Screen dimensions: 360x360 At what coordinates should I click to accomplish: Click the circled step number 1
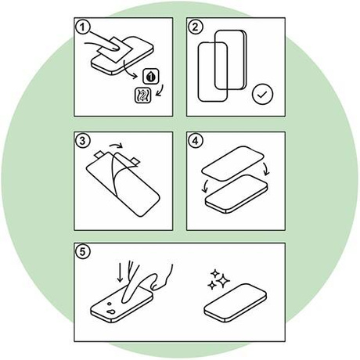click(x=83, y=27)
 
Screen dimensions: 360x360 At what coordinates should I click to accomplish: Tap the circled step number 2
click(x=196, y=27)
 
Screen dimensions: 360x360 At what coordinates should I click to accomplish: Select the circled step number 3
click(x=83, y=141)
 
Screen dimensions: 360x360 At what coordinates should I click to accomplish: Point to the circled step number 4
click(x=196, y=141)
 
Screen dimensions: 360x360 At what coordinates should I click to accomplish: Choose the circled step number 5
click(x=83, y=252)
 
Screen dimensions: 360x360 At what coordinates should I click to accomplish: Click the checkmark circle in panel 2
click(x=262, y=94)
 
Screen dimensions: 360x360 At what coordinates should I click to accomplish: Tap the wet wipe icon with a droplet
click(x=151, y=76)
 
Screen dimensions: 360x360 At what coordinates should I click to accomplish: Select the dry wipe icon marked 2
click(x=142, y=95)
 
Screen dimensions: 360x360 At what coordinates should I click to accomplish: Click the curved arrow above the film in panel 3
click(x=117, y=144)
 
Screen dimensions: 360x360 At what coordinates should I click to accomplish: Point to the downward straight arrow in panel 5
click(x=120, y=272)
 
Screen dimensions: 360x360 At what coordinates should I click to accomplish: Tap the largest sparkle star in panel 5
click(x=222, y=280)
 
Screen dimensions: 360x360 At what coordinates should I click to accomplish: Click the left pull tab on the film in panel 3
click(x=99, y=155)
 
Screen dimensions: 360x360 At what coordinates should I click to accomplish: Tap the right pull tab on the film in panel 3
click(x=135, y=161)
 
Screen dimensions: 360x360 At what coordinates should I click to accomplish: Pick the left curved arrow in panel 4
click(x=205, y=186)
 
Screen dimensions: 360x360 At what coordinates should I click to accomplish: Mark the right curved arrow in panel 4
click(x=266, y=168)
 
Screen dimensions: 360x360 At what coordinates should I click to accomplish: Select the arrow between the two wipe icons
click(x=160, y=90)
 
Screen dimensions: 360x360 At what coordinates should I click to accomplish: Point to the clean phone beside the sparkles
click(x=235, y=303)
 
